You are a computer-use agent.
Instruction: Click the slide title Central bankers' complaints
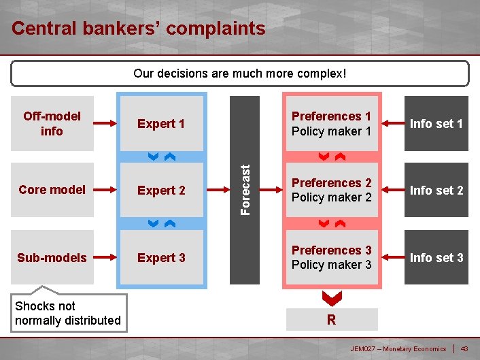point(139,29)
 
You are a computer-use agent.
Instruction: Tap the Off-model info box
point(52,123)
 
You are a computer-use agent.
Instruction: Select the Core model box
point(52,190)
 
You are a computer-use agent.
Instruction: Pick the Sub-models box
point(52,257)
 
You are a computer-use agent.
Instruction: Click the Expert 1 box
point(162,123)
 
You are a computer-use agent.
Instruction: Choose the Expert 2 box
point(162,190)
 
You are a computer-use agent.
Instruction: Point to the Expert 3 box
point(162,257)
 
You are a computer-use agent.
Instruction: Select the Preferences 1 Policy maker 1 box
point(331,123)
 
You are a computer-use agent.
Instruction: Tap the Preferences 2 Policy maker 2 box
point(331,190)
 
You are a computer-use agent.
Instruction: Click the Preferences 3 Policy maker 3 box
point(331,257)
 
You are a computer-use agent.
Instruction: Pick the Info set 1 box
point(436,123)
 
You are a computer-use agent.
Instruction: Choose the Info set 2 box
point(436,190)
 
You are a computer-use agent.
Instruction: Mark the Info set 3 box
point(436,257)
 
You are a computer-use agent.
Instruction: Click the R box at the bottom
point(331,320)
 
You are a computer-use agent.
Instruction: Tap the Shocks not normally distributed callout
point(68,313)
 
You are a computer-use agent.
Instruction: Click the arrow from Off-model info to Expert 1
point(106,123)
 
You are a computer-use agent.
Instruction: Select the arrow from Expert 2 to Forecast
point(217,190)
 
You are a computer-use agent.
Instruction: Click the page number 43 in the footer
point(464,349)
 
